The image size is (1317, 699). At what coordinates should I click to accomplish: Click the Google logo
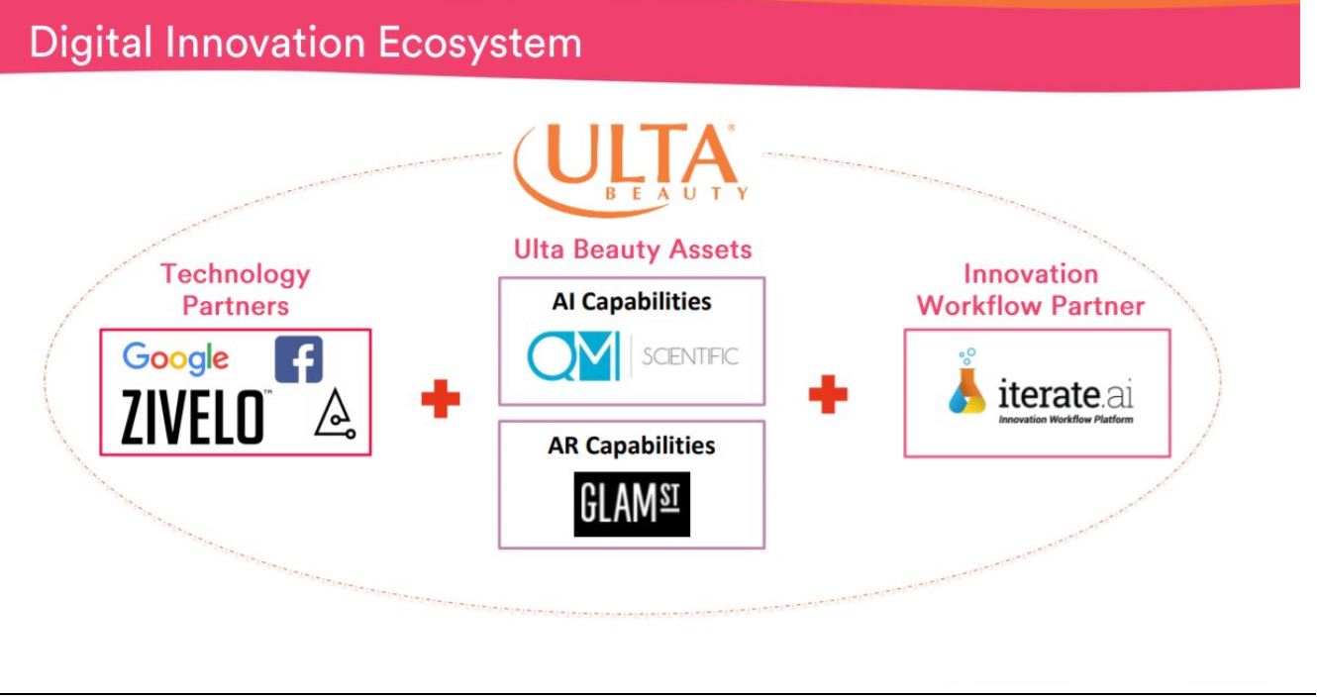coord(175,359)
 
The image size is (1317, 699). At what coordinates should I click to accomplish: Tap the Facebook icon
coord(298,359)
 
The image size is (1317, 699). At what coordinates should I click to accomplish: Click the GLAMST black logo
coord(632,505)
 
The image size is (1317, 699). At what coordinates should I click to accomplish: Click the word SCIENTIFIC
coord(689,356)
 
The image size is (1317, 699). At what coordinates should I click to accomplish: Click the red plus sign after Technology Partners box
coord(441,399)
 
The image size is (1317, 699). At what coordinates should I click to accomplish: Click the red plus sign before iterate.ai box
coord(828,395)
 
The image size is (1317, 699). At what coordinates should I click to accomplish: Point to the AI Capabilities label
coord(632,302)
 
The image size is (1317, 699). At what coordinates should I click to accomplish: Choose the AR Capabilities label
coord(632,446)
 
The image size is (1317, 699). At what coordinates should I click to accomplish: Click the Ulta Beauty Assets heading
coord(632,250)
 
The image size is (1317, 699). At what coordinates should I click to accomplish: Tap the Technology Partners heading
coord(236,289)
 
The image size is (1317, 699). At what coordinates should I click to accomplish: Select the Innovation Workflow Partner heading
coord(1031,289)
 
